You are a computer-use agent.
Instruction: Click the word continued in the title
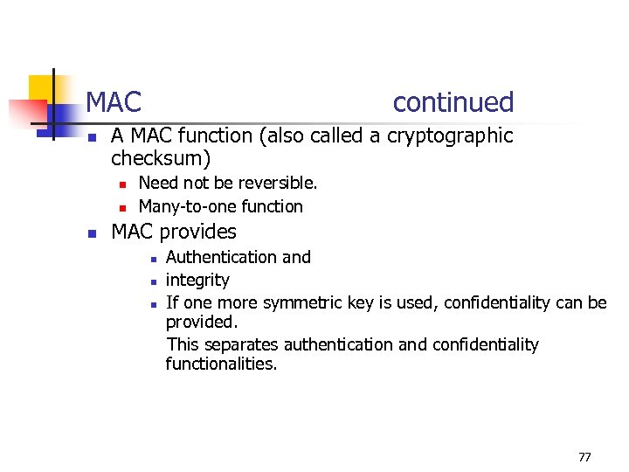pos(453,102)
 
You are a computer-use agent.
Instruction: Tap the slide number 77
pos(584,457)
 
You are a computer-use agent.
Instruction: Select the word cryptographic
pos(450,135)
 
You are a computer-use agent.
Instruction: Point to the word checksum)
pos(162,159)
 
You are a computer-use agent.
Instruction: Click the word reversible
pos(277,183)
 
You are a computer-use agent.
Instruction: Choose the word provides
pos(197,232)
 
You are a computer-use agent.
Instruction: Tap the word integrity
pos(197,280)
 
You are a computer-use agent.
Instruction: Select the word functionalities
pos(221,364)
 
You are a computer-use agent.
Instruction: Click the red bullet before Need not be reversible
pos(123,184)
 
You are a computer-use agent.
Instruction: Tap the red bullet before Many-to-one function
pos(123,207)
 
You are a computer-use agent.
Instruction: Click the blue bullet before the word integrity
pos(152,281)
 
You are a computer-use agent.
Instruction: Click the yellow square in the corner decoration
pos(41,88)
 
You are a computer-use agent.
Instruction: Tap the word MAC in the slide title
pos(114,102)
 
